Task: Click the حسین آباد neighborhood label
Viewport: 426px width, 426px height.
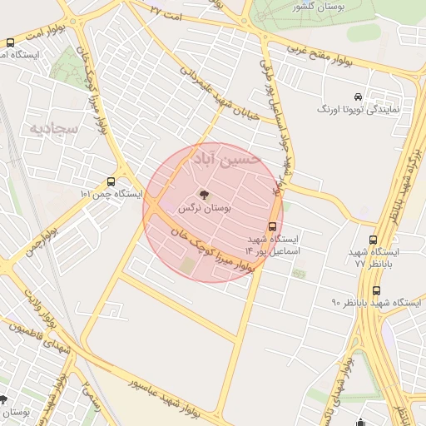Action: [226, 157]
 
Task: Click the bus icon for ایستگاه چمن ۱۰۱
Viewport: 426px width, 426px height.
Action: [111, 181]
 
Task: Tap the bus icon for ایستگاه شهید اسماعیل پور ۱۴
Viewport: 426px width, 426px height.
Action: [272, 226]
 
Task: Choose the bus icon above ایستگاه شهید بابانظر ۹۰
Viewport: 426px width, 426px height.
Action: [377, 290]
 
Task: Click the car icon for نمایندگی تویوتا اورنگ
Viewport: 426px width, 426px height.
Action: [358, 96]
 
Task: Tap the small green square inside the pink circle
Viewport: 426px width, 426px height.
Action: [189, 265]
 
